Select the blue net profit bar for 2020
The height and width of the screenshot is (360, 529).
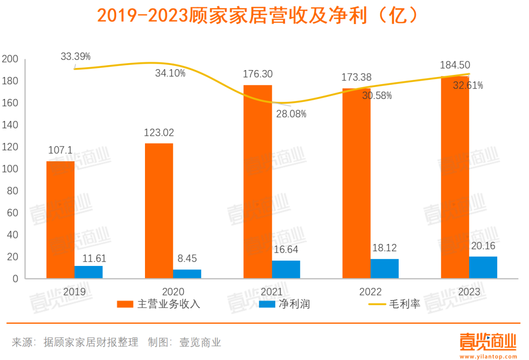click(187, 274)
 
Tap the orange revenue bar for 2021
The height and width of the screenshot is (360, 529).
click(258, 182)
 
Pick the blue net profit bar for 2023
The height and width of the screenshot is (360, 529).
click(483, 267)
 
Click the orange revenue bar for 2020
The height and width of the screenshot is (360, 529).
click(159, 211)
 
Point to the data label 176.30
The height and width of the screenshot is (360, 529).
click(258, 74)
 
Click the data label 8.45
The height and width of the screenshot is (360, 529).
click(187, 259)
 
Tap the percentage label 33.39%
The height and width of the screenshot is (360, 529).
click(76, 56)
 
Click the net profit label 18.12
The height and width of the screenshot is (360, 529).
click(384, 248)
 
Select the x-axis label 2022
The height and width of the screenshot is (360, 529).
click(370, 292)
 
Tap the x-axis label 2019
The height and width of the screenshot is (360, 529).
click(74, 292)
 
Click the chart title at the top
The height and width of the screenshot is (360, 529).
click(258, 16)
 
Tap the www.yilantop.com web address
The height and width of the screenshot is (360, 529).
click(488, 355)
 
